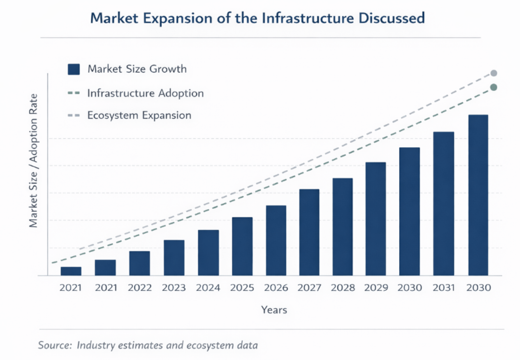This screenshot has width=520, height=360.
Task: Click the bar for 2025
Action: click(242, 246)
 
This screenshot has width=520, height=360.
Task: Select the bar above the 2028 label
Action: click(342, 227)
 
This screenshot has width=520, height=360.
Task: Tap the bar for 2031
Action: click(443, 204)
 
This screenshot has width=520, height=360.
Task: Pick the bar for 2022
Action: click(140, 263)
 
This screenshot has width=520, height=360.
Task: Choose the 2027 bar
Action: click(309, 232)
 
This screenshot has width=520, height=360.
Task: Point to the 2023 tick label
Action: click(174, 288)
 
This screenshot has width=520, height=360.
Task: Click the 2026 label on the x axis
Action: click(276, 288)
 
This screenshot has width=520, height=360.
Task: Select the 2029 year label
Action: click(376, 288)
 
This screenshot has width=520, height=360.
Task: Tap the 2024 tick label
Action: click(208, 288)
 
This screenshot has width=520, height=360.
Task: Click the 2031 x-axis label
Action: click(443, 288)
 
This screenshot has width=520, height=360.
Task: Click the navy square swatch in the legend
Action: click(74, 69)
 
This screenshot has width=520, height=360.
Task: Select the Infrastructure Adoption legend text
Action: click(145, 93)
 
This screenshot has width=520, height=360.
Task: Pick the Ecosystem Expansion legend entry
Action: click(139, 116)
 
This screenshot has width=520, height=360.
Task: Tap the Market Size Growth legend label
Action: click(137, 69)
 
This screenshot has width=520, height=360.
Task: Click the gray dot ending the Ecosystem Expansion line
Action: click(494, 73)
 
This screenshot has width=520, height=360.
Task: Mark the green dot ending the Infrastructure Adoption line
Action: click(494, 87)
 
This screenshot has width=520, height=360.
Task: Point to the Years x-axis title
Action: click(274, 310)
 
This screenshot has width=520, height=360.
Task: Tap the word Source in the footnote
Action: click(54, 346)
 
